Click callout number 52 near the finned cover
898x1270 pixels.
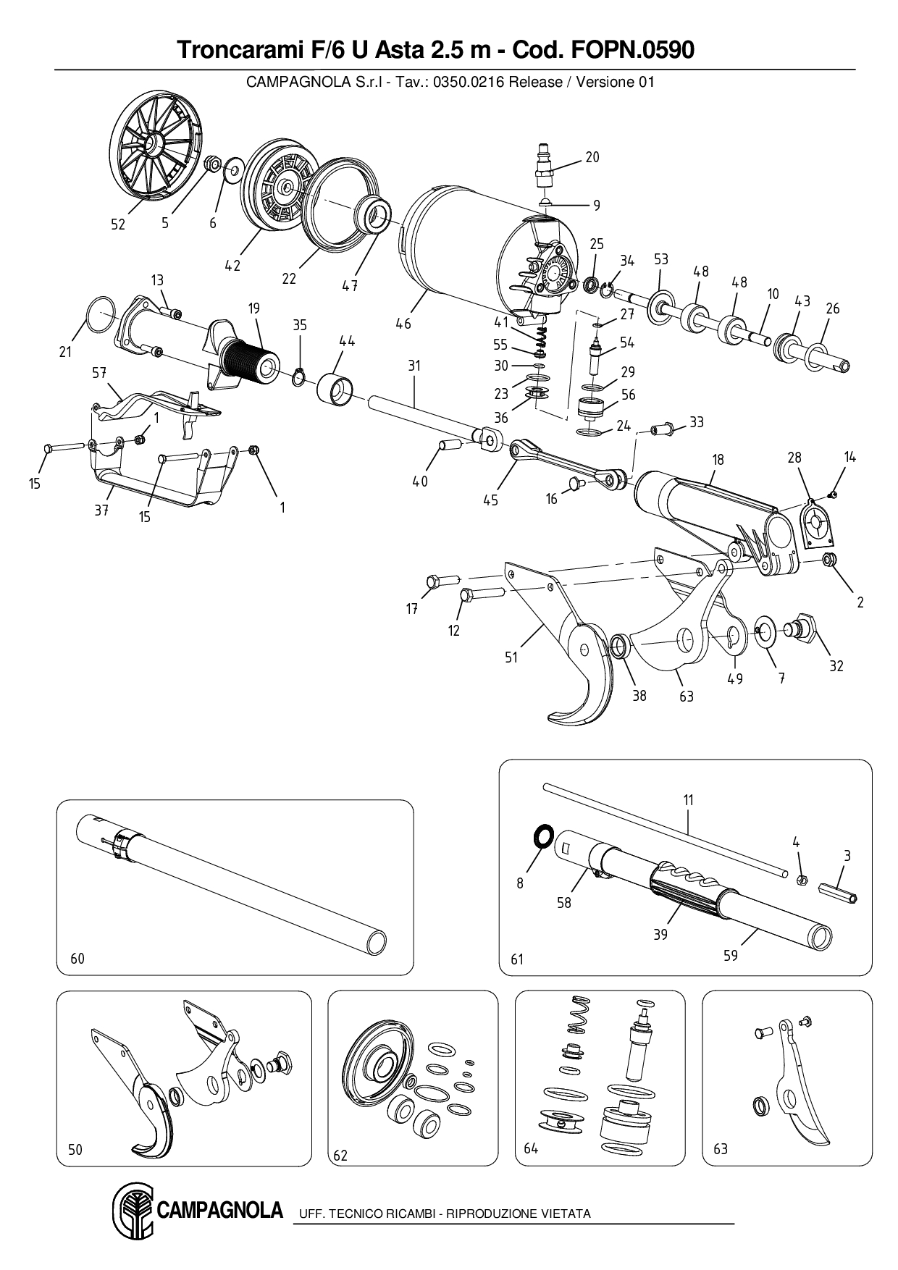click(x=118, y=224)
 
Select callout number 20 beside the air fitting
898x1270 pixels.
click(x=592, y=157)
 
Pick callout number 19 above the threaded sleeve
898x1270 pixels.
click(x=253, y=308)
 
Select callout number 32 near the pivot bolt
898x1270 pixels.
click(x=836, y=665)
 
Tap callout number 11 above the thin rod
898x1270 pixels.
click(x=689, y=800)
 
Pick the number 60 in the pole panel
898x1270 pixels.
click(x=77, y=959)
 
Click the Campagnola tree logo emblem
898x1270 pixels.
click(x=133, y=1212)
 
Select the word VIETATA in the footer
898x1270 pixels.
click(x=565, y=1214)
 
